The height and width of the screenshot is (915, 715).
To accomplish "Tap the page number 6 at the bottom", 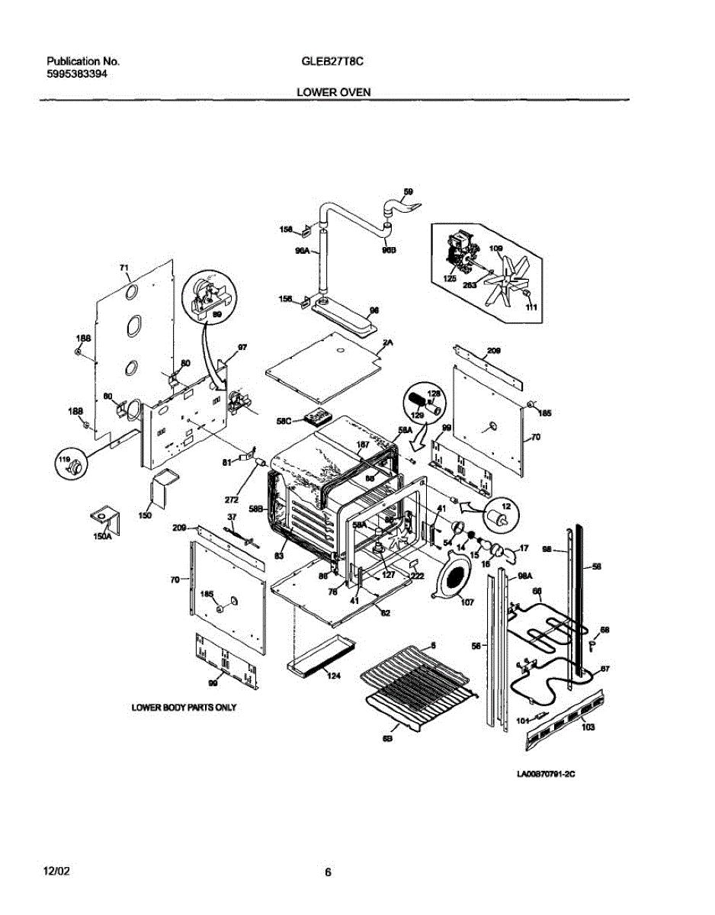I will tap(328, 873).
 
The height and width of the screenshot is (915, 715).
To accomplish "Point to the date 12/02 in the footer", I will tap(58, 871).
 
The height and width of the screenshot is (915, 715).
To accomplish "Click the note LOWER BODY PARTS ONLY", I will tap(184, 708).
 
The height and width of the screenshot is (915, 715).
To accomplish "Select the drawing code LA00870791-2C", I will tap(545, 774).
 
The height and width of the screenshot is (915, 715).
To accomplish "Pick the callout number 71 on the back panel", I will tap(124, 268).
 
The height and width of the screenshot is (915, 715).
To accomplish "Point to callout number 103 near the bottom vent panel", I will tap(588, 727).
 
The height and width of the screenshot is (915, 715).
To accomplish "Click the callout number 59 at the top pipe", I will tap(408, 192).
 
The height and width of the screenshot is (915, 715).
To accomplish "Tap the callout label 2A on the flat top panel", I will tap(387, 344).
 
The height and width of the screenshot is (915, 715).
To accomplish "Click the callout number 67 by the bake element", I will tap(605, 669).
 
